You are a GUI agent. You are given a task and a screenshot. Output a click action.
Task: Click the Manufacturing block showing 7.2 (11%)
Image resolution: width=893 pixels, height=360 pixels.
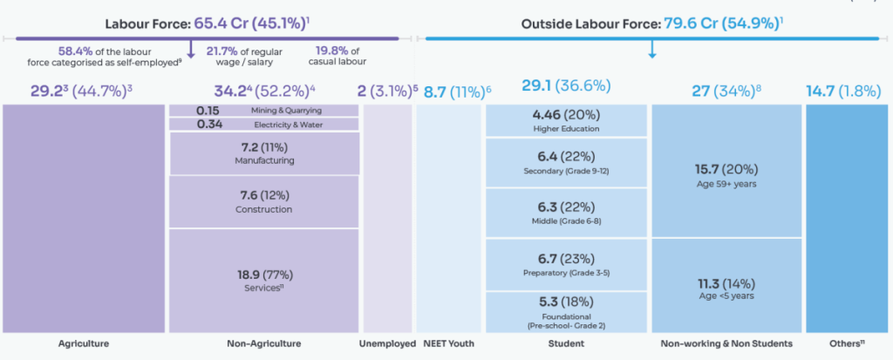click(265, 153)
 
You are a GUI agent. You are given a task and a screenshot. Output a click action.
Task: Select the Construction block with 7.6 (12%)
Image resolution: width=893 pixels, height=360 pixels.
click(264, 201)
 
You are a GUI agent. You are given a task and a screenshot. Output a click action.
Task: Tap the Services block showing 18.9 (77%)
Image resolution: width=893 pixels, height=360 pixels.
click(264, 281)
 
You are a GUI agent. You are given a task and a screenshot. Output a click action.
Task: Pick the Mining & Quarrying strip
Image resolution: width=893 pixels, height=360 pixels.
click(264, 111)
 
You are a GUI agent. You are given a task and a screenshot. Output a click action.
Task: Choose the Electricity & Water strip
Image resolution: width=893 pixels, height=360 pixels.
click(264, 124)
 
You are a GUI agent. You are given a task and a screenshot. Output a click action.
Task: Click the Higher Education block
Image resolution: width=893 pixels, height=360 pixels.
click(567, 121)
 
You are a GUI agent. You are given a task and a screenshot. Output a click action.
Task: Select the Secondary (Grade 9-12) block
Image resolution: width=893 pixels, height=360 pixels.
click(567, 163)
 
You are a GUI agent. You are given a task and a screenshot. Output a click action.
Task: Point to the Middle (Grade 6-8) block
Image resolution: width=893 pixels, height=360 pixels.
click(567, 213)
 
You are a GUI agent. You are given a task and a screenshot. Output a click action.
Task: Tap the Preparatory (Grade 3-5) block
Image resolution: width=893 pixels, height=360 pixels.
click(567, 265)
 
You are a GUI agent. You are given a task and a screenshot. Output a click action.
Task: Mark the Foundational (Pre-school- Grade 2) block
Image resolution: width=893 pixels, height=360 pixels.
click(567, 312)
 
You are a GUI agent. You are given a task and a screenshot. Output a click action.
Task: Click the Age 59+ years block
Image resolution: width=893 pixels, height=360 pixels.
click(726, 171)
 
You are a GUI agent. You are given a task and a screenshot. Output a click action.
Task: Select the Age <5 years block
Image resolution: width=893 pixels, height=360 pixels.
click(726, 285)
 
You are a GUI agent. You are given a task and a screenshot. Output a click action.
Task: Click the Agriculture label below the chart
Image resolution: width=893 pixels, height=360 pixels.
click(83, 343)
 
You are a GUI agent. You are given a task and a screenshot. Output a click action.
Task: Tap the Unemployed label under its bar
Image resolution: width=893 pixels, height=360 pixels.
click(388, 343)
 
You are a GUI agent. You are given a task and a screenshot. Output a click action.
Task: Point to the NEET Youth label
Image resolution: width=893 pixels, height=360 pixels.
click(449, 343)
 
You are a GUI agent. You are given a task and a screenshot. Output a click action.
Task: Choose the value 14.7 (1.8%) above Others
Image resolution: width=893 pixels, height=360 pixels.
click(843, 92)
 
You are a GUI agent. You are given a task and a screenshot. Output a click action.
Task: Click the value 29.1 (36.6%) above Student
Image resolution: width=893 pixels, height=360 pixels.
click(566, 86)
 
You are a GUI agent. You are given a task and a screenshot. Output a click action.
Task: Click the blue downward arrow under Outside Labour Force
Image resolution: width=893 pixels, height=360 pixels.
click(652, 50)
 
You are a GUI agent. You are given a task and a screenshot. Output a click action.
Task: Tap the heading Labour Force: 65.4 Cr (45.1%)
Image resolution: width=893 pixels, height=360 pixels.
click(208, 24)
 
